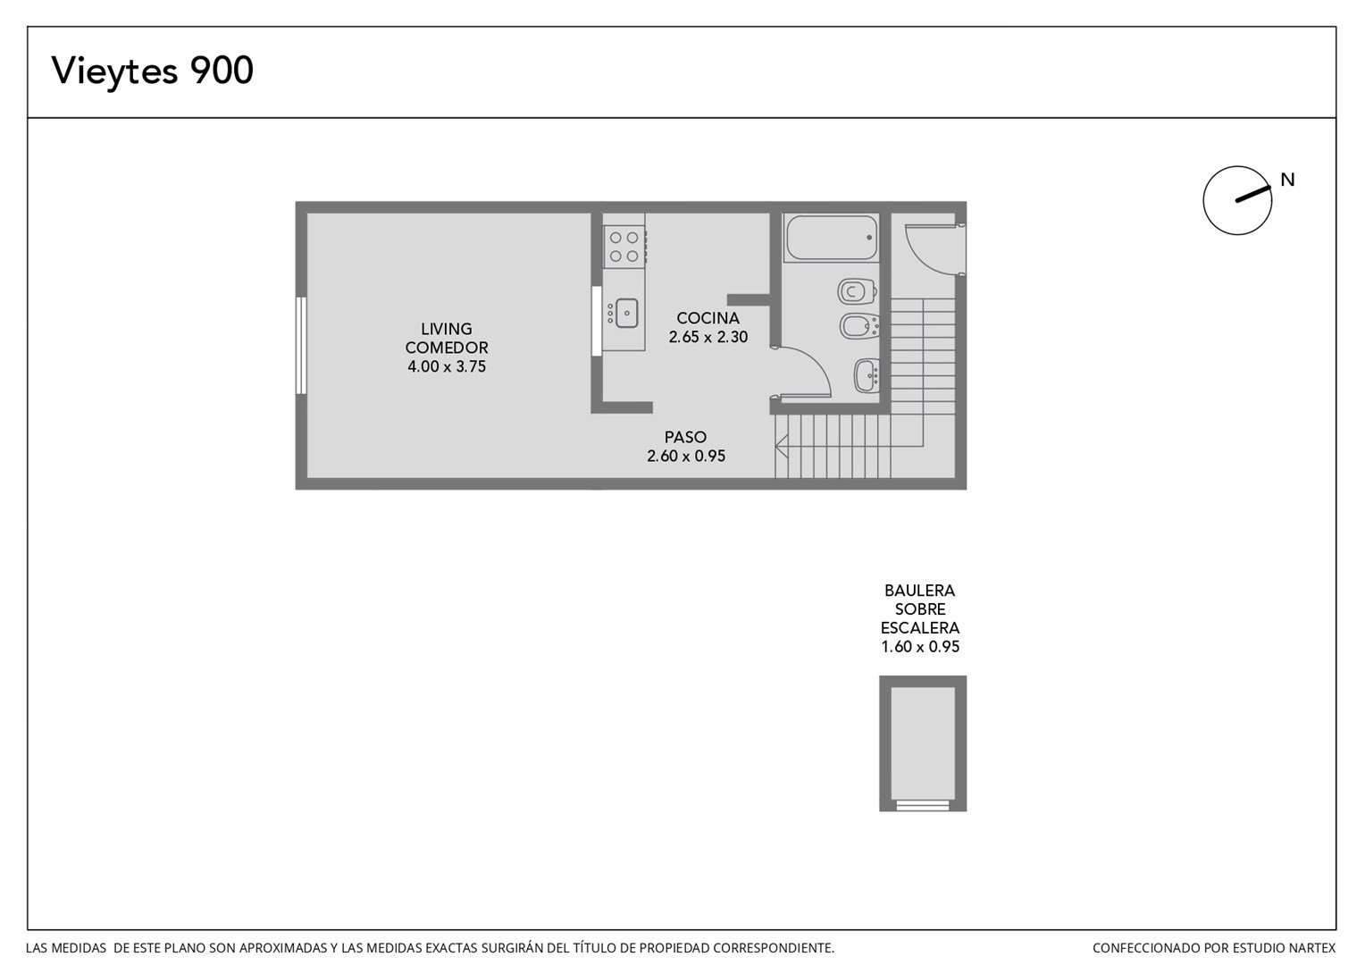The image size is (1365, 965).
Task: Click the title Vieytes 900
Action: [152, 71]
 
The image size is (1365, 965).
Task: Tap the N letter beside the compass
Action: [1287, 180]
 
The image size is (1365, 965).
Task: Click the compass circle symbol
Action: [1237, 200]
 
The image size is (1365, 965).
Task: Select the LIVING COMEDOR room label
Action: [447, 339]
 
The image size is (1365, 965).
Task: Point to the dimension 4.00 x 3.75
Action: [447, 366]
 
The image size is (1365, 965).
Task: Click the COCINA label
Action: [708, 318]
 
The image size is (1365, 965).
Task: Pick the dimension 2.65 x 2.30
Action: [708, 337]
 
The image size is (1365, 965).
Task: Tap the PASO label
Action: [685, 437]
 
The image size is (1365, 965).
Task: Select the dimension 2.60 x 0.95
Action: [686, 456]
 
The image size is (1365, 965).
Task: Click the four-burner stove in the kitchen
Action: [624, 247]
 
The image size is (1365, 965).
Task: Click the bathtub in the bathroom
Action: [831, 238]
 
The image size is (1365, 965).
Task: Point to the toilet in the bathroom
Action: [857, 291]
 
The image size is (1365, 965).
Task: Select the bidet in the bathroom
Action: [859, 326]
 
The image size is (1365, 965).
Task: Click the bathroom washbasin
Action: [866, 375]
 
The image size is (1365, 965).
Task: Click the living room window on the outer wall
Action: [301, 345]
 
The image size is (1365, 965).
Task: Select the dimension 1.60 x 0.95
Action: [920, 647]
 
